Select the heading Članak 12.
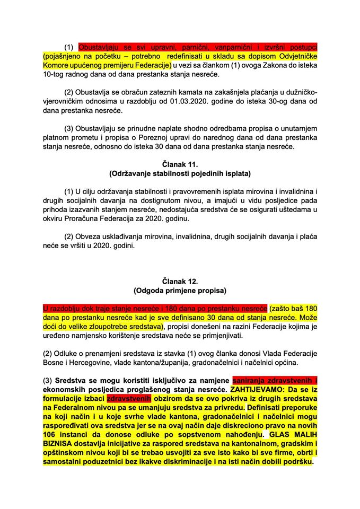tap(180, 281)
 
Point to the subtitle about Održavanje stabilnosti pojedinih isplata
tap(180, 174)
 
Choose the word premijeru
tap(130, 65)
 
